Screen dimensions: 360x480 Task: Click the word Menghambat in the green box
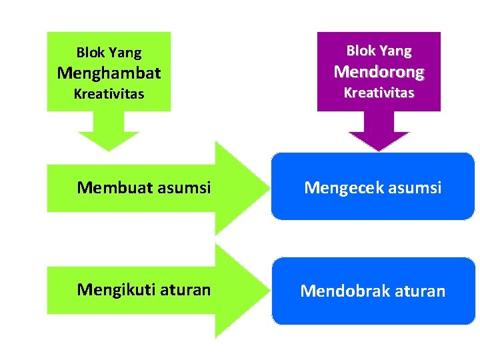point(109,72)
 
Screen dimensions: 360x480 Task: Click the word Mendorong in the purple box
point(379,71)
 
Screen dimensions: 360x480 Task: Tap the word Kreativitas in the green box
point(109,94)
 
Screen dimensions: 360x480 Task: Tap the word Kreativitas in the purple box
point(379,93)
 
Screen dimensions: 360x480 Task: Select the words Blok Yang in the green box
point(109,52)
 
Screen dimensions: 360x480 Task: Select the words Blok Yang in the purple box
point(379,51)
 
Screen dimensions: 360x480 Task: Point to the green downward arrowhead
point(109,139)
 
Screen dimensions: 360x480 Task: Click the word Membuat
point(113,188)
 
